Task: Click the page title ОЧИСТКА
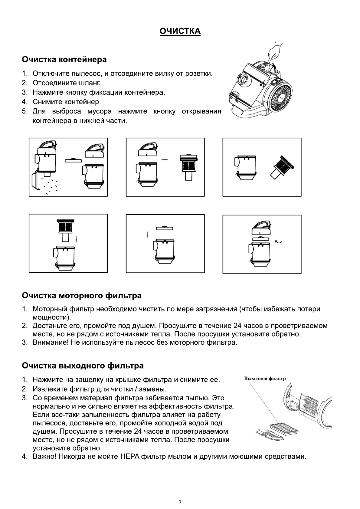(x=180, y=31)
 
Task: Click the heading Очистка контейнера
(x=64, y=59)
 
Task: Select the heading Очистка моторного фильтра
(x=82, y=295)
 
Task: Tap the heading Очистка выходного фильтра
(x=83, y=366)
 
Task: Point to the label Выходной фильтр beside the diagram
(x=265, y=379)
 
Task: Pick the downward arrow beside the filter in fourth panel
(x=76, y=239)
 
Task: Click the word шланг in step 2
(x=90, y=83)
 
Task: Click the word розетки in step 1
(x=200, y=74)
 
